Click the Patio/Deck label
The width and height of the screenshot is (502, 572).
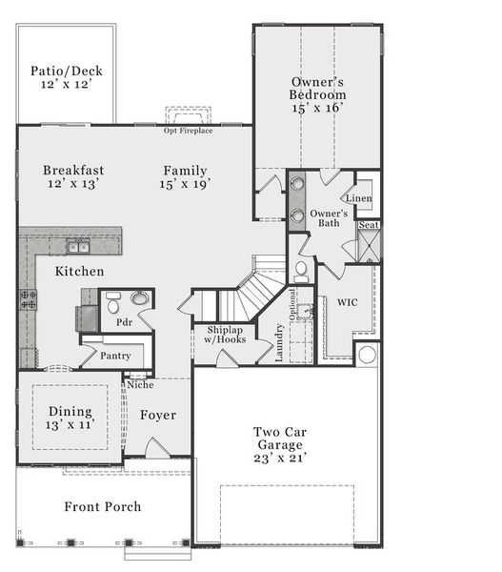66,70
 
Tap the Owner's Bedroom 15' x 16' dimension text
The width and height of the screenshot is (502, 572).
318,109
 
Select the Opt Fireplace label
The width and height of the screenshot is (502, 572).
188,131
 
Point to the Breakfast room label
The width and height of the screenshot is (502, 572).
72,171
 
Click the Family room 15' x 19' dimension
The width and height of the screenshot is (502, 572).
185,184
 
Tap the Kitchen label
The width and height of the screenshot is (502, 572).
79,272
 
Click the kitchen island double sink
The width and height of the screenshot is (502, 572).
78,247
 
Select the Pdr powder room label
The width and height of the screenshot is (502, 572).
125,322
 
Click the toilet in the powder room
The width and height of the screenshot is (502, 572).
113,305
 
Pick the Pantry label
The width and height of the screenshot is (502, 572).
116,357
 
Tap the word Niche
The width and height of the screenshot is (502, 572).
140,385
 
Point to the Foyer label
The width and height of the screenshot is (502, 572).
158,415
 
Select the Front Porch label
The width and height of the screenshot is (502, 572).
102,506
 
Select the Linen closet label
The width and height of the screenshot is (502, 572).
358,198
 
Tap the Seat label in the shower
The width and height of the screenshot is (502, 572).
369,226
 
